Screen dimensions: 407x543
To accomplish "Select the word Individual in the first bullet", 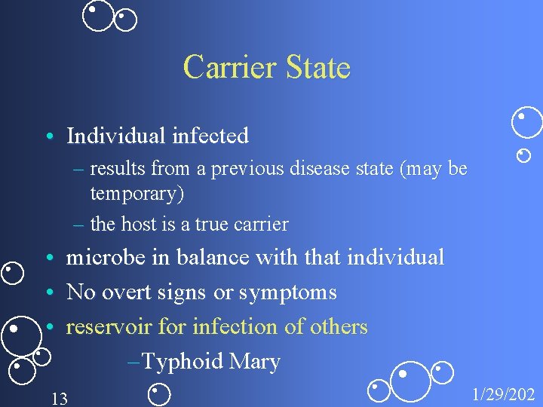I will (115, 136).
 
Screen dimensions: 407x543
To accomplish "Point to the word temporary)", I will (137, 194).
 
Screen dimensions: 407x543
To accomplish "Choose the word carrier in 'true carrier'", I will (261, 224).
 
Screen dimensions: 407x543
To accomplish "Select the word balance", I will (213, 258).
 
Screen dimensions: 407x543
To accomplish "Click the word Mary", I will (254, 362).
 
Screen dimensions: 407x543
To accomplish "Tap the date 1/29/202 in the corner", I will (503, 393).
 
